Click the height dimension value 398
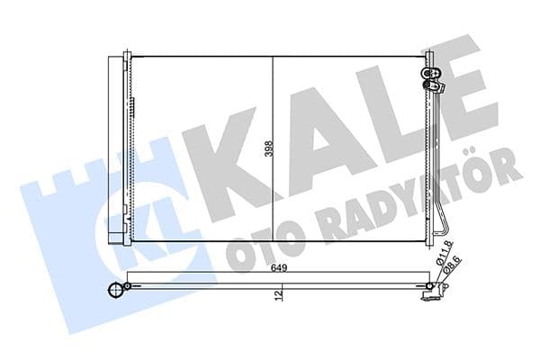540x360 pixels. pyautogui.click(x=267, y=148)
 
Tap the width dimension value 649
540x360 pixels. pyautogui.click(x=280, y=265)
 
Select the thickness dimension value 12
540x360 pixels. pyautogui.click(x=280, y=292)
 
